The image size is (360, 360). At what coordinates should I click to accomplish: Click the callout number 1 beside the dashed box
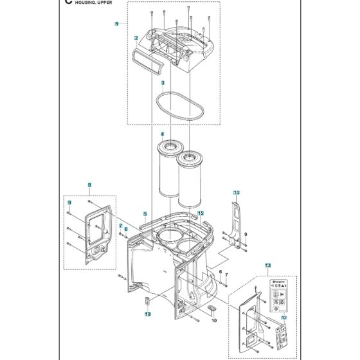click(x=116, y=24)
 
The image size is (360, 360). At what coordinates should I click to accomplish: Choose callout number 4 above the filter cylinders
click(x=163, y=134)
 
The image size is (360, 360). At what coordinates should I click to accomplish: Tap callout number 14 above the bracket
click(x=236, y=193)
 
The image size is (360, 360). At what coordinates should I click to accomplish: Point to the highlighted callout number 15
click(x=200, y=213)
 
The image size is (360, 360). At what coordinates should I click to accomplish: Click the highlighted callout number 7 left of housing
click(x=120, y=226)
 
